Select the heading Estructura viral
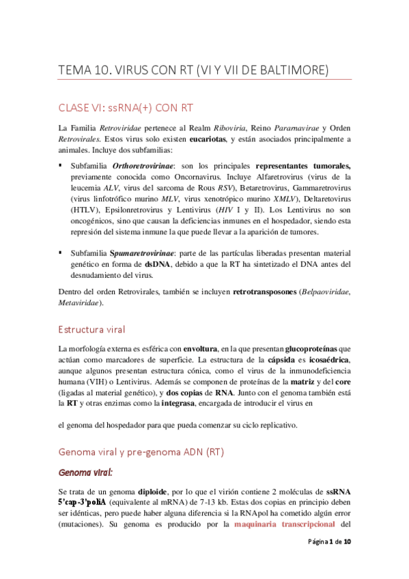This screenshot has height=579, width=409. [x=91, y=330]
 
